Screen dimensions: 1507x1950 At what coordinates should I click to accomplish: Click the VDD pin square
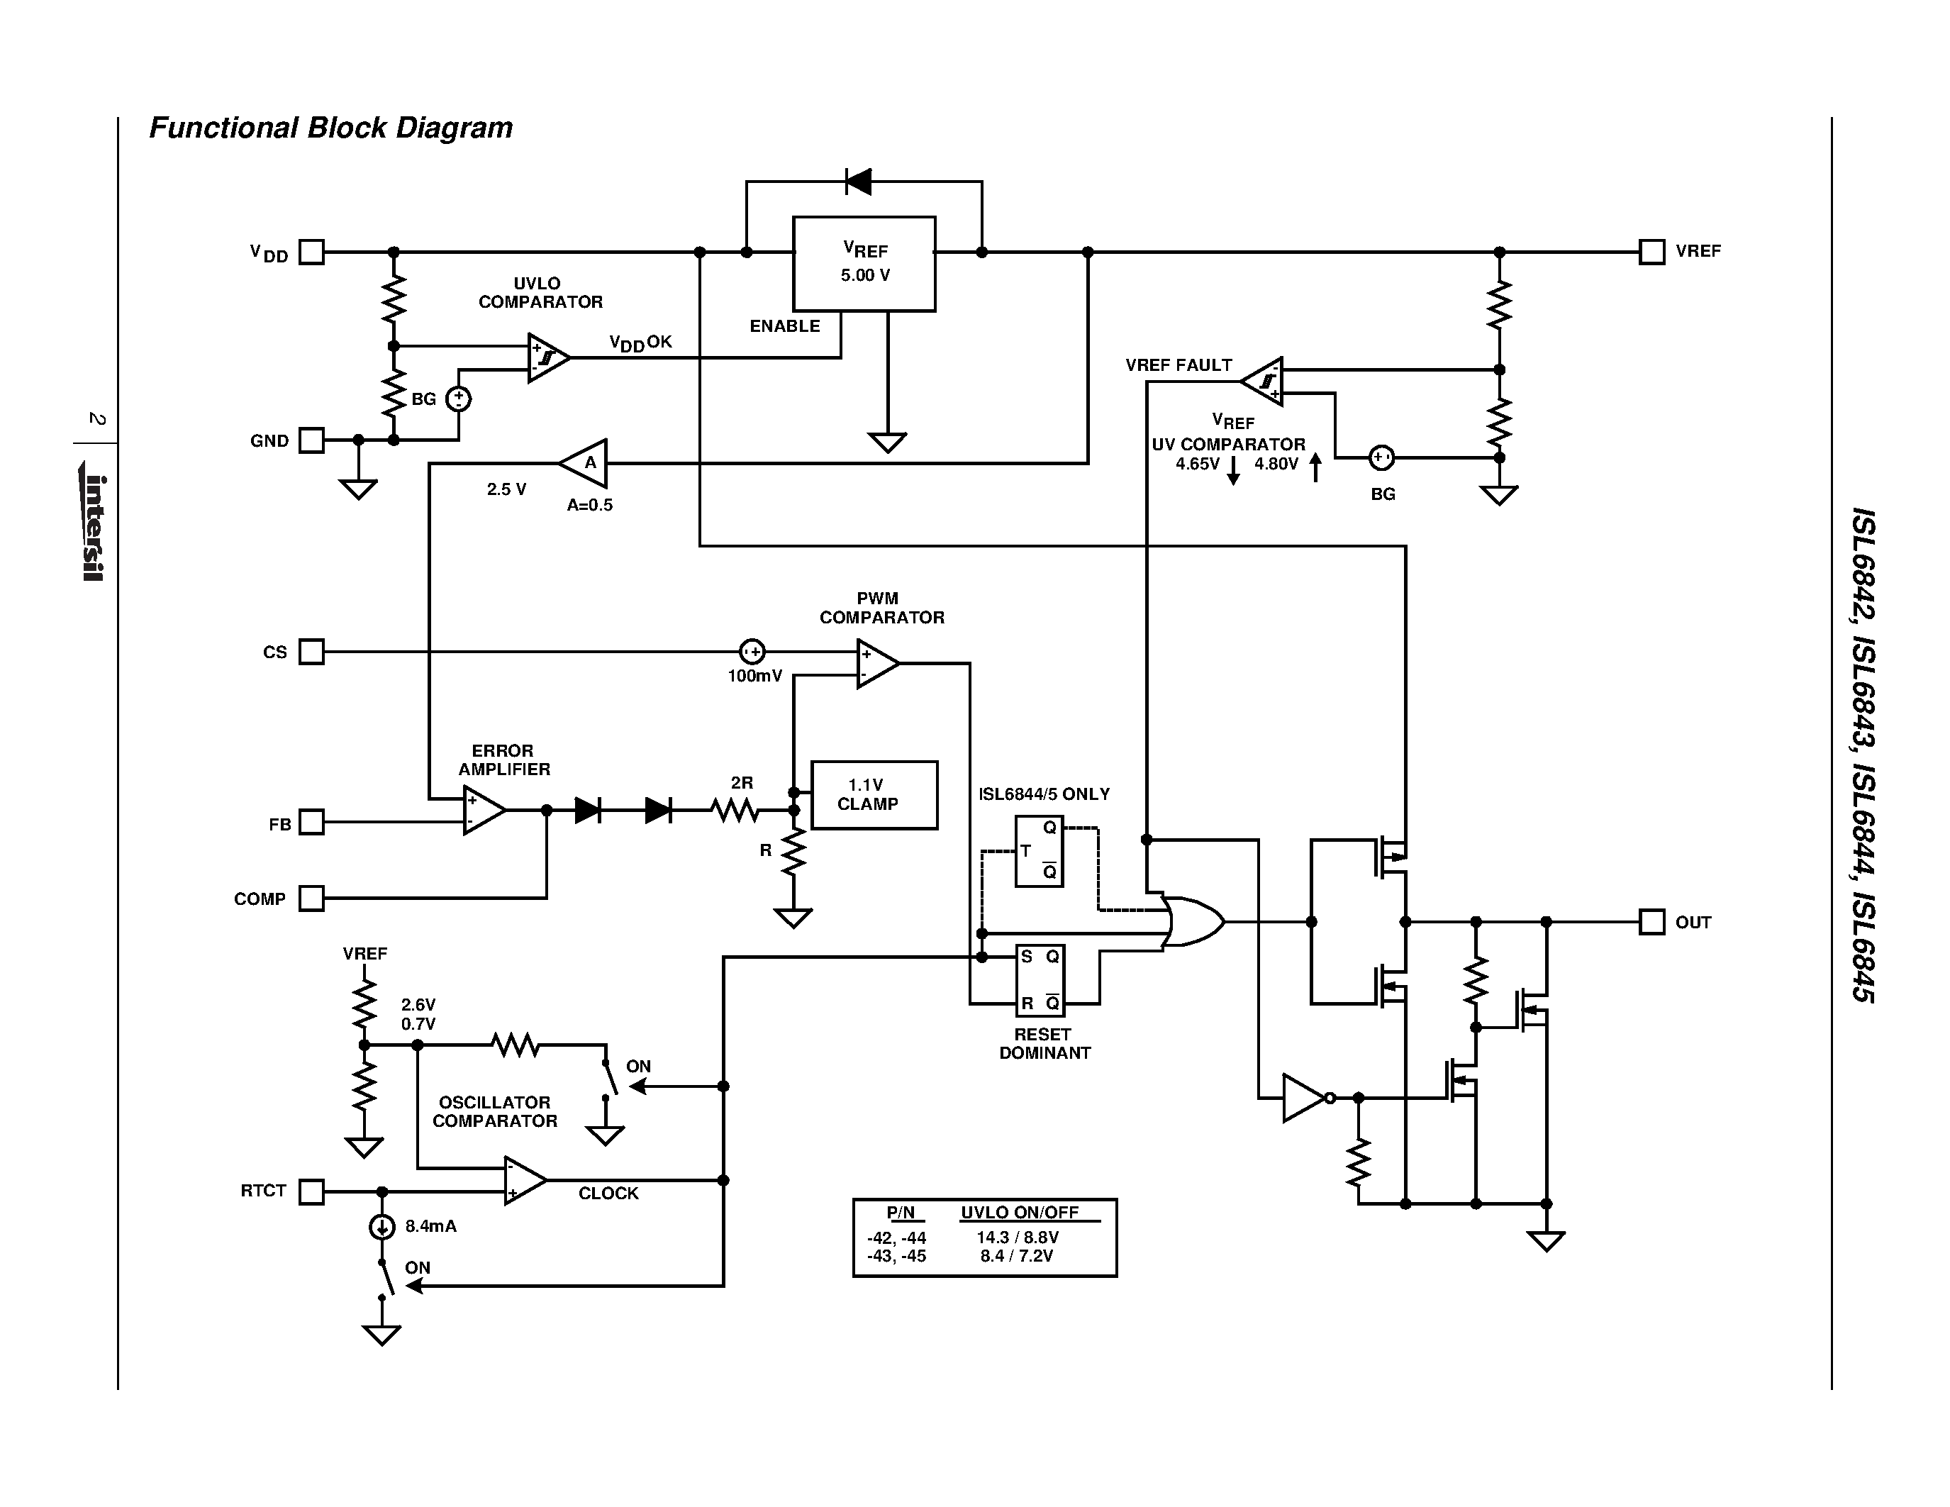pyautogui.click(x=311, y=252)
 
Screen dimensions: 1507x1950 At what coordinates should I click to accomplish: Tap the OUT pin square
pyautogui.click(x=1651, y=921)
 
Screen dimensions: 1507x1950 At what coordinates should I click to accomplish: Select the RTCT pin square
pyautogui.click(x=311, y=1192)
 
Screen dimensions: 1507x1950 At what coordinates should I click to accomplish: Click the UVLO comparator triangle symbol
pyautogui.click(x=547, y=358)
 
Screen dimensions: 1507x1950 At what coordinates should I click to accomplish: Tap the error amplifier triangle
pyautogui.click(x=482, y=810)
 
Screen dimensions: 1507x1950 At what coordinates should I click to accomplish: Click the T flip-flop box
pyautogui.click(x=1038, y=851)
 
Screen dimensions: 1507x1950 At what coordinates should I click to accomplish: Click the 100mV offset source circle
pyautogui.click(x=752, y=652)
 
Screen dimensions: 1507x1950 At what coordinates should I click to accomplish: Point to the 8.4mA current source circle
pyautogui.click(x=381, y=1228)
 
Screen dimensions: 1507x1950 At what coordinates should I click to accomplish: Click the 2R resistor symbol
pyautogui.click(x=734, y=810)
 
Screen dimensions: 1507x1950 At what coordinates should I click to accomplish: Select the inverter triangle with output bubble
pyautogui.click(x=1305, y=1097)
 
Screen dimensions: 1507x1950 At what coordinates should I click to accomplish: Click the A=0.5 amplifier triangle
pyautogui.click(x=585, y=462)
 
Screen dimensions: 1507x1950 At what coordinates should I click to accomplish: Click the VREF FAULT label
pyautogui.click(x=1178, y=365)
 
